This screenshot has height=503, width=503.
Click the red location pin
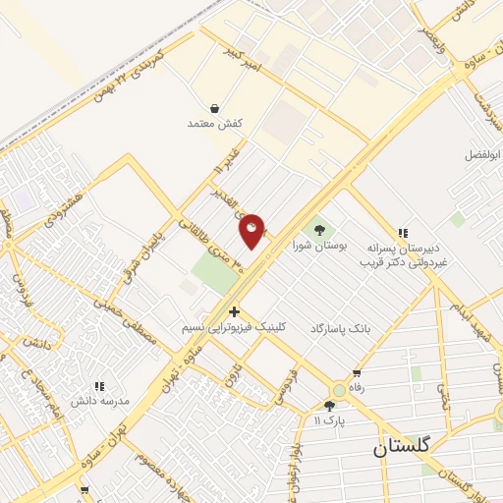[252, 230]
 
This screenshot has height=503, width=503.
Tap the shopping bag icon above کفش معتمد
[214, 108]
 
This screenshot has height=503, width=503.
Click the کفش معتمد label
[214, 124]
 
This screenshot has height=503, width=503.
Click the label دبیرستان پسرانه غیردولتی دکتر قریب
[403, 255]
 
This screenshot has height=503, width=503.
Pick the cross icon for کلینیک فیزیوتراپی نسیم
[234, 311]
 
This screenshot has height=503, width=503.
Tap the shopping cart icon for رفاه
[357, 373]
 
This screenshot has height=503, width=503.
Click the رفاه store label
[343, 387]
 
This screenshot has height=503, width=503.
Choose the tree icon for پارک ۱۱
[329, 405]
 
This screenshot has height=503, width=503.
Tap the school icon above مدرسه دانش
[98, 386]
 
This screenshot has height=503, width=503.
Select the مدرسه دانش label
[94, 402]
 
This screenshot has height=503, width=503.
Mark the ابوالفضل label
[482, 154]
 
